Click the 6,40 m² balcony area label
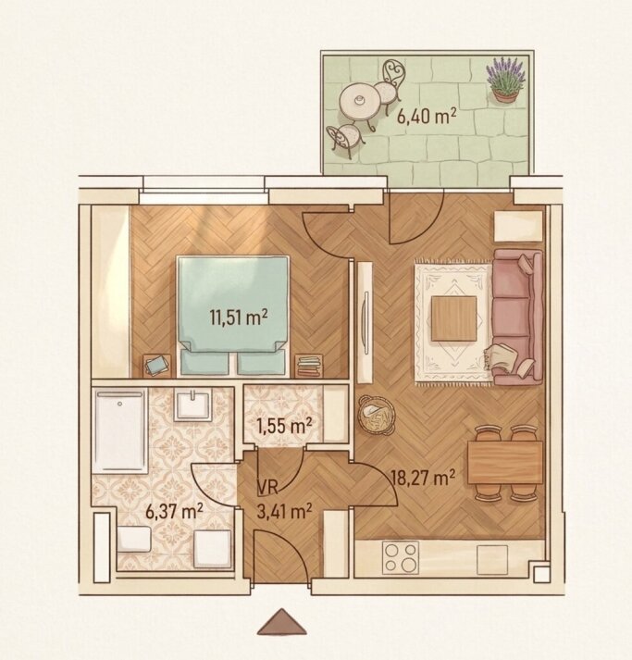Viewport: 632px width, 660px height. tap(427, 116)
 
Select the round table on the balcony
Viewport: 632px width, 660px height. tap(359, 101)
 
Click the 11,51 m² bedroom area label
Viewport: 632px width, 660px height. tap(239, 318)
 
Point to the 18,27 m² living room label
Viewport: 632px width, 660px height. tap(423, 478)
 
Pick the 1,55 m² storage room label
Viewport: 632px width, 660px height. tap(284, 426)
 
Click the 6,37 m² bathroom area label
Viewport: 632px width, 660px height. tap(174, 511)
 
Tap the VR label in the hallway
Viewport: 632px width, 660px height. tap(267, 488)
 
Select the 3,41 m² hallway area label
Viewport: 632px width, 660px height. tap(284, 512)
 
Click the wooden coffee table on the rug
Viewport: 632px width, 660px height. tap(454, 318)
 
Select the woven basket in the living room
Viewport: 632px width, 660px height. tap(376, 415)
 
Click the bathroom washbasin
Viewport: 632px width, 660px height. tap(193, 405)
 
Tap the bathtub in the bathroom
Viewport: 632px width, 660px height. tap(121, 430)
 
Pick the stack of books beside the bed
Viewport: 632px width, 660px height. tap(310, 366)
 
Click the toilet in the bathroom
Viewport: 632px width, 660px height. tap(134, 539)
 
